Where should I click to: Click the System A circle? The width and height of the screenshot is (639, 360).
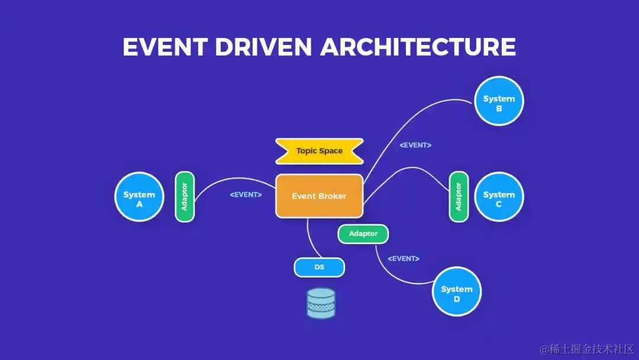click(139, 197)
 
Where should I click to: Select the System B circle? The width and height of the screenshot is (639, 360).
click(499, 101)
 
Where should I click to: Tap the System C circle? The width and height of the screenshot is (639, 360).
click(499, 197)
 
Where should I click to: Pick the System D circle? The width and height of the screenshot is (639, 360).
click(456, 292)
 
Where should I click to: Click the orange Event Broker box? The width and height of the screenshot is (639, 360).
click(319, 196)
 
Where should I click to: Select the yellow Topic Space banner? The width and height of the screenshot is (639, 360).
click(319, 151)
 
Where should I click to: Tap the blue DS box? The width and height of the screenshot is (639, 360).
click(319, 268)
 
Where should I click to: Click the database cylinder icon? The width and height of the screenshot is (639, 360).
click(321, 303)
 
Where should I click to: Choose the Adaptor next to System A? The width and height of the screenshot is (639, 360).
click(185, 197)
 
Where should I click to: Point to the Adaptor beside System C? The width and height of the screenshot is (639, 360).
click(459, 197)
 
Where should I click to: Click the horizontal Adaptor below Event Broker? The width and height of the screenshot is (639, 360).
click(363, 234)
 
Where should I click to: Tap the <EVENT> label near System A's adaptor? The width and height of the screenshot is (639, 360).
click(246, 194)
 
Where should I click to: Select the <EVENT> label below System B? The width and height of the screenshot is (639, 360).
click(415, 145)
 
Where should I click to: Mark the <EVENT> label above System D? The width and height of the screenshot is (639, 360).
click(404, 259)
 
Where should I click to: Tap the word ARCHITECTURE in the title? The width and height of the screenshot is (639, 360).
click(418, 47)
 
